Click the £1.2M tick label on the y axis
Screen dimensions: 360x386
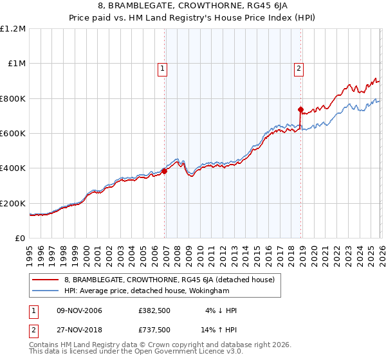click(x=14, y=29)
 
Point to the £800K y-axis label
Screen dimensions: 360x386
click(x=14, y=99)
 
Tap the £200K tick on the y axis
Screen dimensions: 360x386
click(x=14, y=204)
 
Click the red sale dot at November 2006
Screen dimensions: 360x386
click(x=164, y=171)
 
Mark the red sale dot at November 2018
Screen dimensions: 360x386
click(x=300, y=109)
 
